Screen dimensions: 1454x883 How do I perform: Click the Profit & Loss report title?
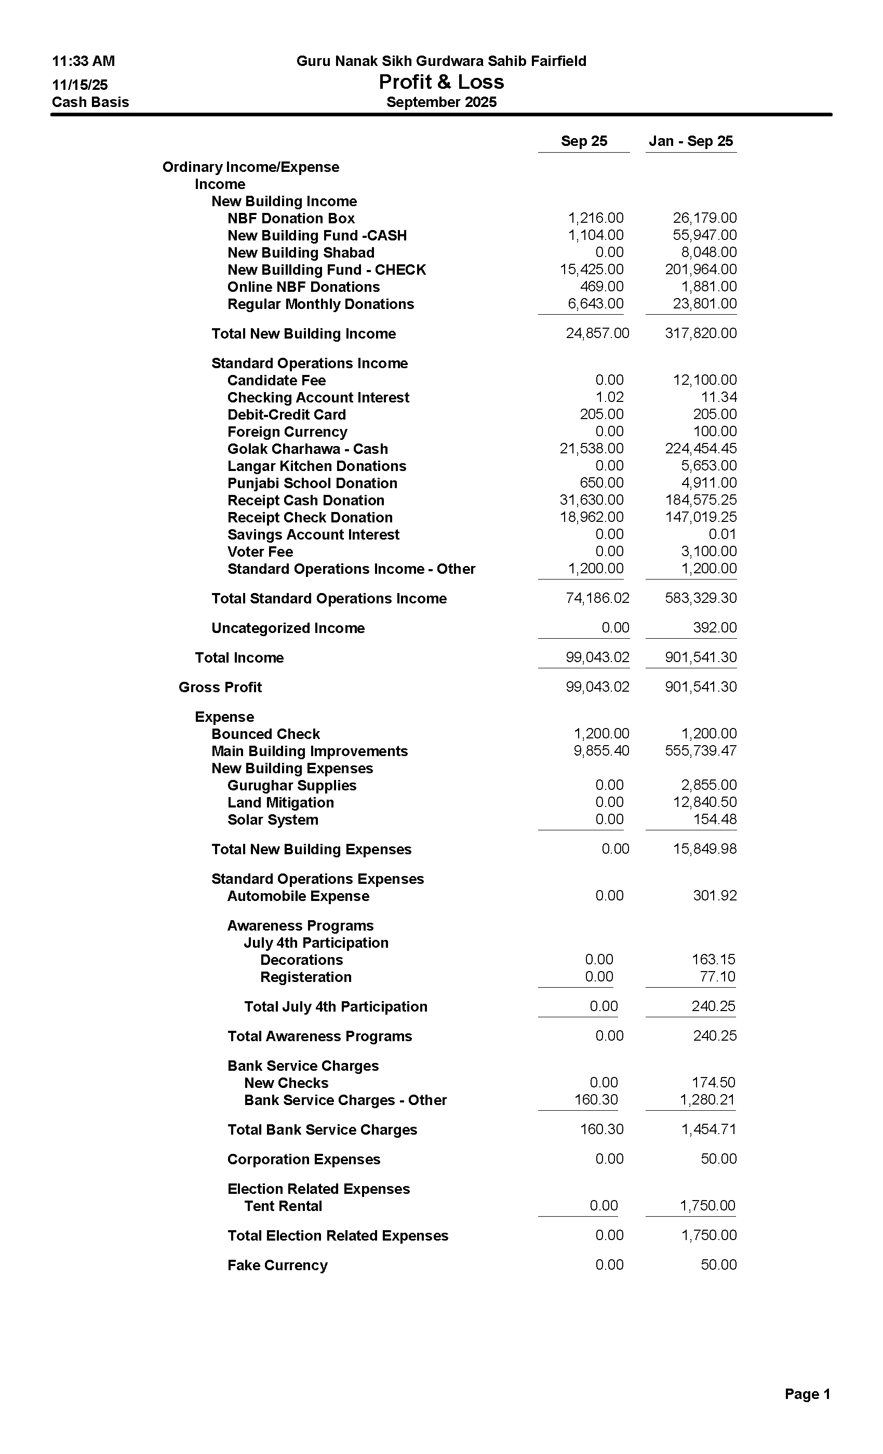(441, 82)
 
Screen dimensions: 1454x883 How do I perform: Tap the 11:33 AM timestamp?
(83, 61)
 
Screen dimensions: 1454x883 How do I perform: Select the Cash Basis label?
(90, 102)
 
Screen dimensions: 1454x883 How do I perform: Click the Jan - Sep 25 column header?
(691, 141)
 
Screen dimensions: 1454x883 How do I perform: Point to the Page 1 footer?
(807, 1394)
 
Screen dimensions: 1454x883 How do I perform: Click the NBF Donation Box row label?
(291, 218)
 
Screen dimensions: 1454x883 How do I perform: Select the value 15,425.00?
(592, 270)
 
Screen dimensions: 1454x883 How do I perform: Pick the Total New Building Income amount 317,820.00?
(701, 333)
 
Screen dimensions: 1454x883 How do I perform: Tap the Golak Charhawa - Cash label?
(307, 449)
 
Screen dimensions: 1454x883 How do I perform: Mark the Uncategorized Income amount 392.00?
(715, 628)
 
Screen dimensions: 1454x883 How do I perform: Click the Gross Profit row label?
(220, 688)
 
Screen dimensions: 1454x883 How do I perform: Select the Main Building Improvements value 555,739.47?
(701, 751)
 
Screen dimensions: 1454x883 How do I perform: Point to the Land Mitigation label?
(280, 802)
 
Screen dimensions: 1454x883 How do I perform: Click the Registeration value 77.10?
(717, 977)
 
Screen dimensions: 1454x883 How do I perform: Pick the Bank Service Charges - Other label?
(345, 1100)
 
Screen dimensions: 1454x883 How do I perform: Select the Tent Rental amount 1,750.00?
(707, 1206)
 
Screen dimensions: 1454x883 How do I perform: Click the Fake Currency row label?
(277, 1265)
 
